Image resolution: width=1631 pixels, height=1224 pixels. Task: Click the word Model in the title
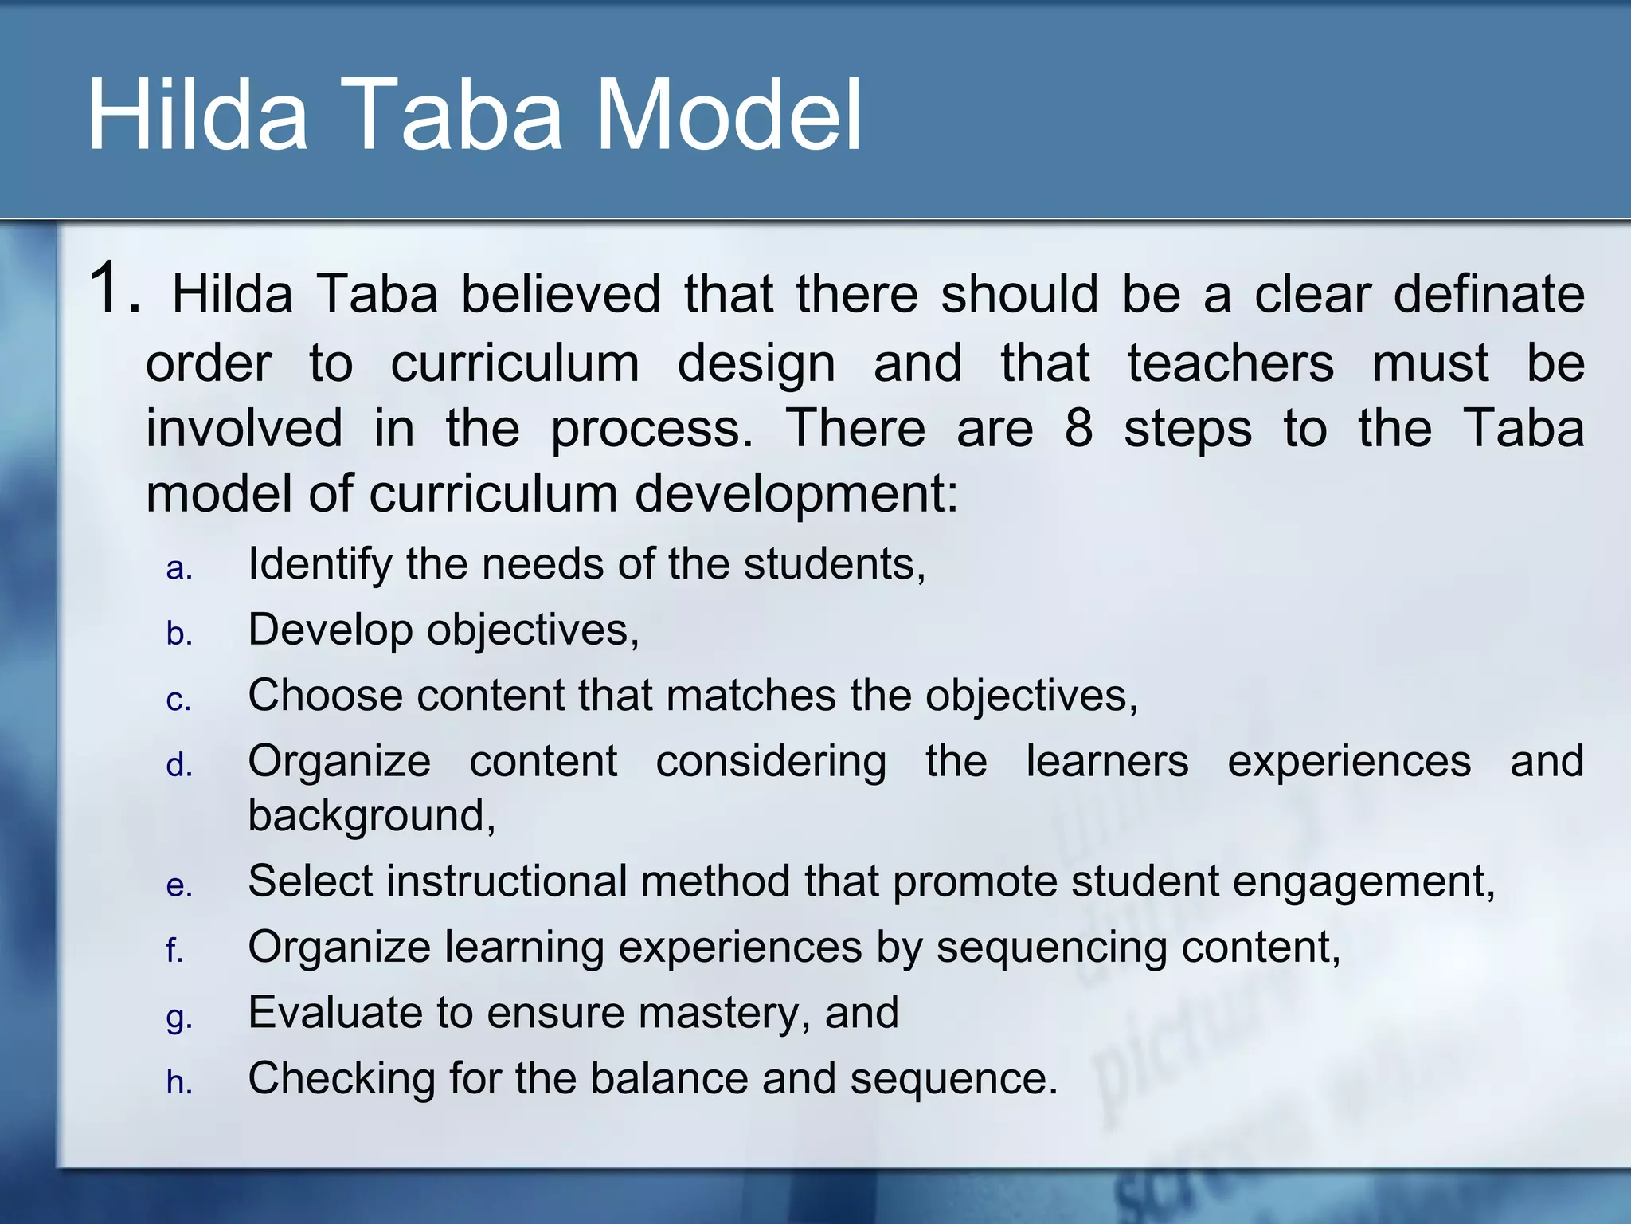(729, 116)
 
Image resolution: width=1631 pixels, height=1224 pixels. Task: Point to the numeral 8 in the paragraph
(1078, 428)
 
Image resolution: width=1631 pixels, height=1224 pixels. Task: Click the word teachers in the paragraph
(1230, 363)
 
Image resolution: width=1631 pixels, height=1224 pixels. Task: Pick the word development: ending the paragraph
(796, 494)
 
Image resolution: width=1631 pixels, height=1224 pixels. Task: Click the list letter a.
(179, 569)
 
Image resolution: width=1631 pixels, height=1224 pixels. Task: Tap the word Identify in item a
(319, 565)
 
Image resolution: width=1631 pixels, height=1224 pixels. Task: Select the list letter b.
(179, 634)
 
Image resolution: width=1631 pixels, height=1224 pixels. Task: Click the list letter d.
(179, 765)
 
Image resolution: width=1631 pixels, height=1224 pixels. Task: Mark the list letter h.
(179, 1082)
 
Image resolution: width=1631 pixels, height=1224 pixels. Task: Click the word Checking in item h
(342, 1079)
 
